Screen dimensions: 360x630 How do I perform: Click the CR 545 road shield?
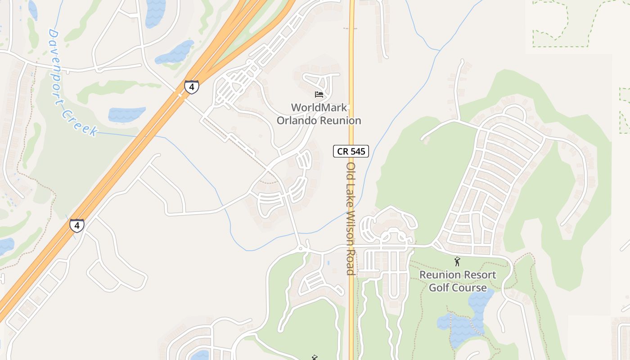coord(351,151)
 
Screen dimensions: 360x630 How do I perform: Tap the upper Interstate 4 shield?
coord(192,87)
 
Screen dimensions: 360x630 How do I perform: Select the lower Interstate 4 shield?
coord(76,225)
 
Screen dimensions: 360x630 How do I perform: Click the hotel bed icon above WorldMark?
coord(319,94)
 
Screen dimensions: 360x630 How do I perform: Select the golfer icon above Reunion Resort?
coord(457,261)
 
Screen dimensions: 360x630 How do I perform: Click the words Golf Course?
coord(458,288)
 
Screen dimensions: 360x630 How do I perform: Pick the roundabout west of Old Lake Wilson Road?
coord(301,248)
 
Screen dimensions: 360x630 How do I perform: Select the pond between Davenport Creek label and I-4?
coord(126,114)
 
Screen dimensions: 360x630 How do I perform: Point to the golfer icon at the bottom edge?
coord(315,357)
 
